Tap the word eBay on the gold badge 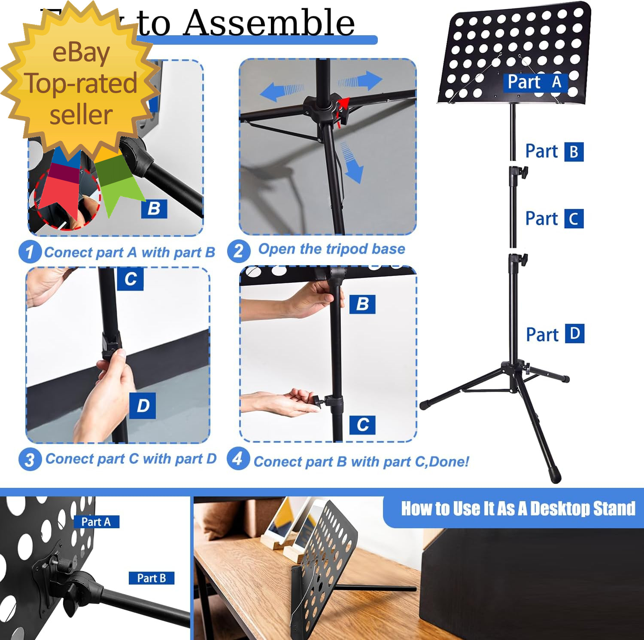click(81, 53)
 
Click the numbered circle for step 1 click(30, 252)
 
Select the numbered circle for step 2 click(239, 251)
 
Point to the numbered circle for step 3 click(30, 459)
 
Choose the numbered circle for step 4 click(238, 459)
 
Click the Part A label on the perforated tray click(535, 82)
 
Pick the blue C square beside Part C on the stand click(574, 219)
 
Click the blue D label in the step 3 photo click(143, 405)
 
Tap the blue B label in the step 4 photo click(362, 304)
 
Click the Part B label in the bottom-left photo click(152, 578)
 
